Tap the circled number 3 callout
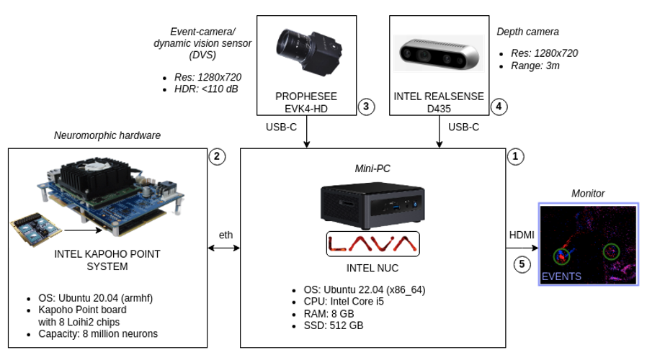pyautogui.click(x=366, y=107)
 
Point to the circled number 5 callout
pyautogui.click(x=522, y=264)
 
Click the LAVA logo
pyautogui.click(x=372, y=245)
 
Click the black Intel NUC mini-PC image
pyautogui.click(x=372, y=204)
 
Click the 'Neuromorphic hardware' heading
pyautogui.click(x=107, y=135)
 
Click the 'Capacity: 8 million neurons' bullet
pyautogui.click(x=97, y=334)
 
